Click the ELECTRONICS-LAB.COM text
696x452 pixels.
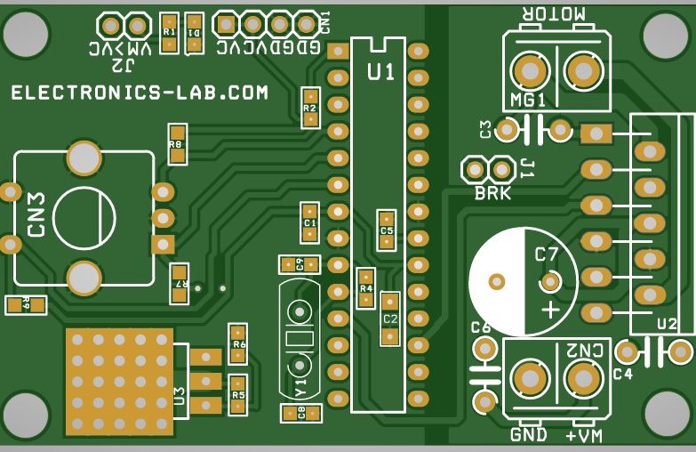click(x=140, y=93)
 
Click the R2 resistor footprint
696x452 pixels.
click(x=309, y=108)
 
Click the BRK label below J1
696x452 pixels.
click(x=492, y=192)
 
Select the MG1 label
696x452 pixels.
click(x=528, y=100)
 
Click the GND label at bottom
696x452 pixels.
click(x=529, y=435)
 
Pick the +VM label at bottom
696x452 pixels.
click(x=584, y=435)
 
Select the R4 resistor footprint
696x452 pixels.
click(x=365, y=288)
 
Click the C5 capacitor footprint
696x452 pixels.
click(x=386, y=230)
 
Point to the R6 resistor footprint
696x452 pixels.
click(x=237, y=343)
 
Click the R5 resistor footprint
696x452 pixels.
click(x=237, y=394)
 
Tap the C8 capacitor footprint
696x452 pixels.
click(x=300, y=413)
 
